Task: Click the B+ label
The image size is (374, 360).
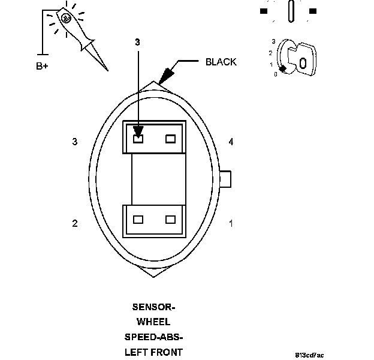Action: pos(42,66)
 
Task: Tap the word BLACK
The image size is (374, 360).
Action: pos(221,62)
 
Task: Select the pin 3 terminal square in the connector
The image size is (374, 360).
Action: pos(138,139)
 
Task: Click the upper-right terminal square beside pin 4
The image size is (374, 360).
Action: pos(171,139)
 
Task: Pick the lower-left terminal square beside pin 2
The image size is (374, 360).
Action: pos(138,220)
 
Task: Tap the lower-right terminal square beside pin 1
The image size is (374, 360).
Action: pos(171,220)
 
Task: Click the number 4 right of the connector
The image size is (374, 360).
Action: pos(231,142)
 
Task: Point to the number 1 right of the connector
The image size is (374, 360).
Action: pos(231,224)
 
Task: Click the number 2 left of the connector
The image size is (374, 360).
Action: pos(75,224)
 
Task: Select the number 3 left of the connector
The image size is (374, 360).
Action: pos(75,142)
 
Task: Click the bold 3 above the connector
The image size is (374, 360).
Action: pos(137,43)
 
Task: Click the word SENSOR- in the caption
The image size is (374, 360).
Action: pos(153,307)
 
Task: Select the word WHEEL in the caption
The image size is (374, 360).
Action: pos(153,322)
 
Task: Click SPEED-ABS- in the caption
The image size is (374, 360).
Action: pos(153,337)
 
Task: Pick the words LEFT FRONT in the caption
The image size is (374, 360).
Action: pos(153,352)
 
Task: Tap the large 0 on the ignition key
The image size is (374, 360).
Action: pos(303,62)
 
